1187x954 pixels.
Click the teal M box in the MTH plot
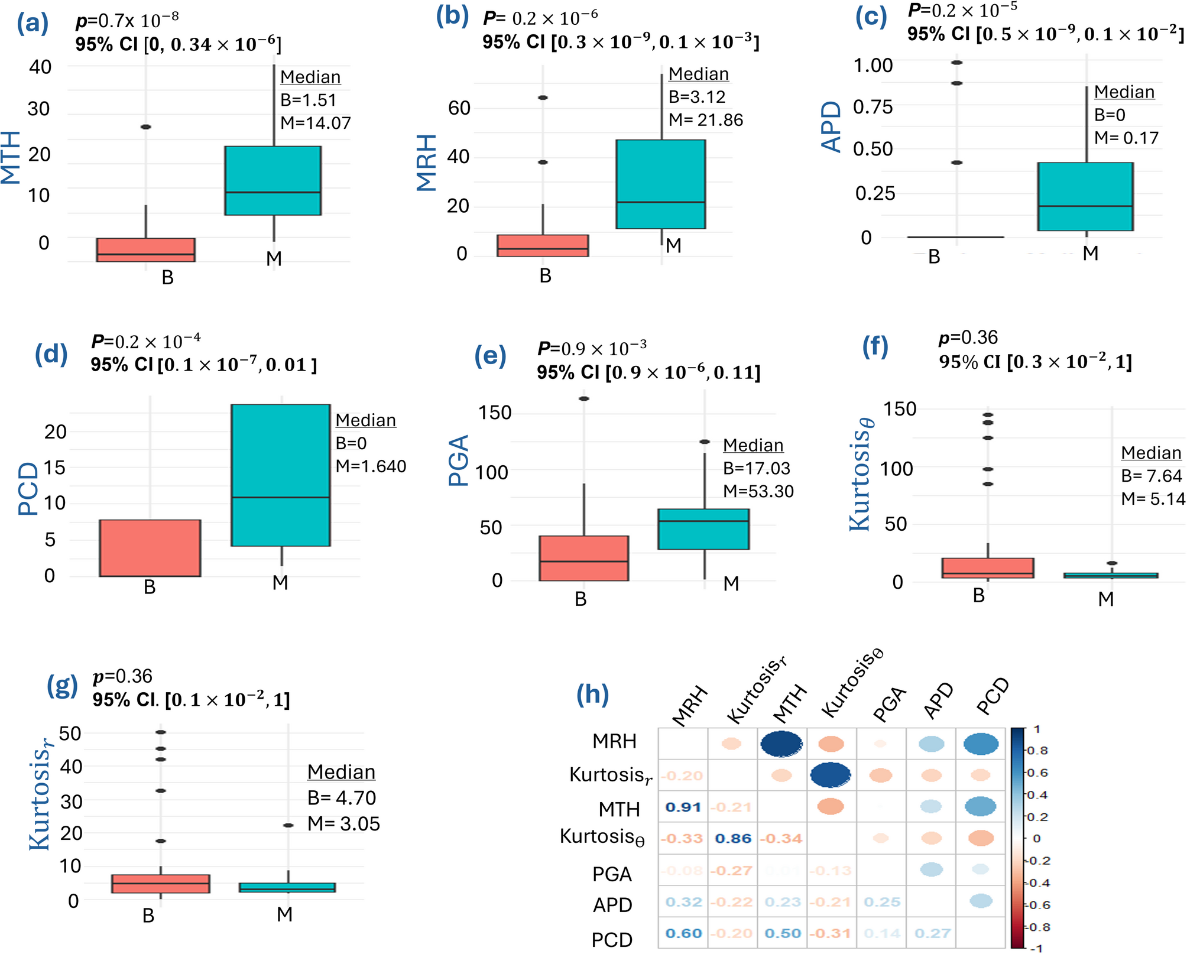pyautogui.click(x=273, y=180)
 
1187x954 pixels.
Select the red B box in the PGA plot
pyautogui.click(x=583, y=558)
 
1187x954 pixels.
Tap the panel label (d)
pyautogui.click(x=51, y=354)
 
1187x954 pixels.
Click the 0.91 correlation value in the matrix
pyautogui.click(x=683, y=807)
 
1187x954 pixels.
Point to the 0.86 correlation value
pyautogui.click(x=733, y=839)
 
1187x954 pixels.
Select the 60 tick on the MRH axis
pyautogui.click(x=459, y=108)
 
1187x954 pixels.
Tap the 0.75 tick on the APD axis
pyautogui.click(x=873, y=107)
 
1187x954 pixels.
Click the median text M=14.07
pyautogui.click(x=316, y=123)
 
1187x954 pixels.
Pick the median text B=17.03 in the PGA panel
pyautogui.click(x=757, y=469)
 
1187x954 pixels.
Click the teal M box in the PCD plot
pyautogui.click(x=280, y=475)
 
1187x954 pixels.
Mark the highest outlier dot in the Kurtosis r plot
pyautogui.click(x=160, y=732)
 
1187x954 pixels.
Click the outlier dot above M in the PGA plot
pyautogui.click(x=705, y=442)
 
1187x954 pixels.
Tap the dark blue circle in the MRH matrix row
pyautogui.click(x=781, y=744)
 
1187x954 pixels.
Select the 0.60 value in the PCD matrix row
pyautogui.click(x=683, y=934)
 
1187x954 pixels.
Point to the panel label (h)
pyautogui.click(x=593, y=694)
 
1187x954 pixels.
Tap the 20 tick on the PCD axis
pyautogui.click(x=56, y=432)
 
